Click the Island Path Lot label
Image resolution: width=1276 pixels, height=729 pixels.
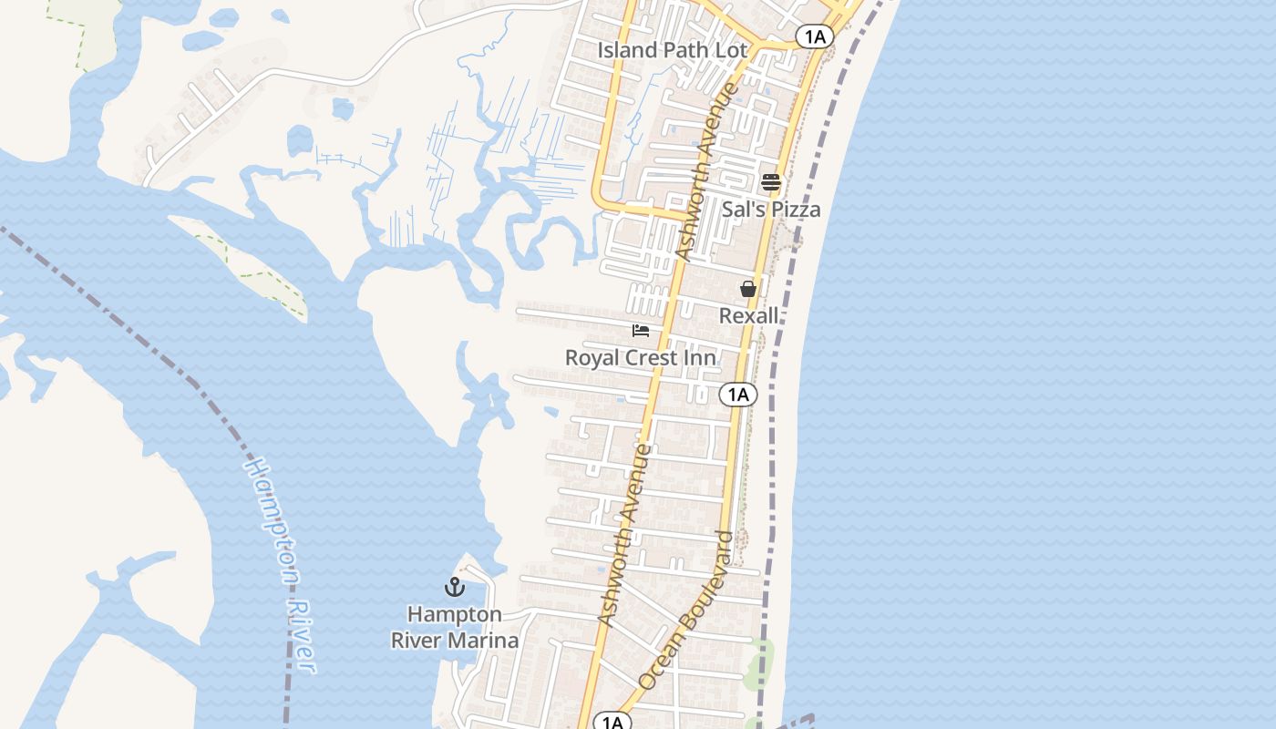click(672, 50)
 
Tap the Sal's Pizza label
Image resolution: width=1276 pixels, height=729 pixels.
click(771, 210)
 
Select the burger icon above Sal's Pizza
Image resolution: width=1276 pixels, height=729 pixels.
click(771, 182)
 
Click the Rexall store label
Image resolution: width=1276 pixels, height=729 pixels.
click(749, 315)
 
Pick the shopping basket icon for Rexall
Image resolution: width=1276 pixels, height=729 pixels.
click(748, 289)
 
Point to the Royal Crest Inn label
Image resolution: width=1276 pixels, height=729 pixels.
click(640, 358)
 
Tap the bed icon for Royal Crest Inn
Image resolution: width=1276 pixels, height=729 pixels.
click(641, 331)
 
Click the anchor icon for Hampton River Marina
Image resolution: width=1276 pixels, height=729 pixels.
click(454, 587)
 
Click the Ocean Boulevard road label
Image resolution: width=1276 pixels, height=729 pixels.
click(685, 610)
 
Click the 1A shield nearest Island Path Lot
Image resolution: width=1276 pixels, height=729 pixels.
click(814, 36)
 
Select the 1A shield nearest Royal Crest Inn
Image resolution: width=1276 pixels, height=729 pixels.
click(738, 395)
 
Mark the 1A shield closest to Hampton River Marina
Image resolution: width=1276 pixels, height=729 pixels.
click(612, 722)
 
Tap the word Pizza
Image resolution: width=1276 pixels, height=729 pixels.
click(797, 210)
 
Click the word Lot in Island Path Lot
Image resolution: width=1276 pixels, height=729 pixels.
click(731, 50)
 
